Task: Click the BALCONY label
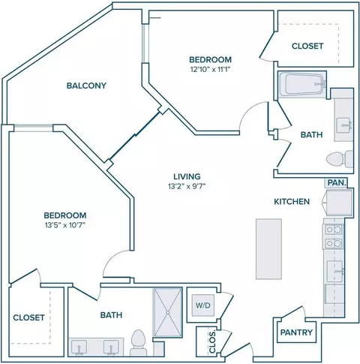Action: coord(86,86)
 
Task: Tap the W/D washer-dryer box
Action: coord(203,305)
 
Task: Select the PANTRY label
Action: coord(296,332)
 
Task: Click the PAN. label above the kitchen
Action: coord(337,182)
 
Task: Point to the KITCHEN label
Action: coord(292,201)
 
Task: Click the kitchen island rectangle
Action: coord(268,249)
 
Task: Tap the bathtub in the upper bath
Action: coord(302,84)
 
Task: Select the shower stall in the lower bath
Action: coord(168,312)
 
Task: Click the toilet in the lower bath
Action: coord(138,342)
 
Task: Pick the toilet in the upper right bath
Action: coord(340,159)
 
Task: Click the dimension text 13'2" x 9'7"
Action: coord(187,186)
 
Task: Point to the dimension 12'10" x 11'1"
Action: coord(210,69)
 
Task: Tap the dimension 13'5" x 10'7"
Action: coord(65,225)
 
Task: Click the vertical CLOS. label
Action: coord(212,341)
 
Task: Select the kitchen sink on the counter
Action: coord(335,271)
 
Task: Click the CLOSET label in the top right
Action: coord(307,46)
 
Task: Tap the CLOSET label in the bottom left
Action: coord(28,317)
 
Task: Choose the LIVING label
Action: coord(187,176)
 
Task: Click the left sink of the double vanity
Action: coord(79,347)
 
